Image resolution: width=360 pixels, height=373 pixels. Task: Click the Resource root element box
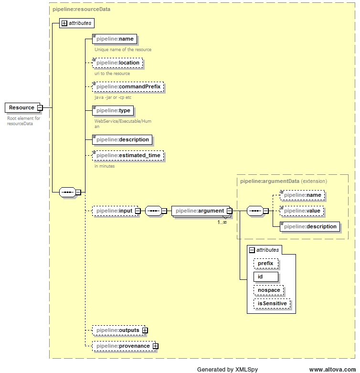tap(21, 108)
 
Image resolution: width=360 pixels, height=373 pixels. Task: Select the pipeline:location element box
tap(117, 63)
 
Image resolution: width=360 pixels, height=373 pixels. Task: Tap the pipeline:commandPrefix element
tap(128, 87)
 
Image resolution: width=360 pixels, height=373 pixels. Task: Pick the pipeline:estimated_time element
tap(128, 156)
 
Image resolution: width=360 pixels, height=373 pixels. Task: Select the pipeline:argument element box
tap(199, 211)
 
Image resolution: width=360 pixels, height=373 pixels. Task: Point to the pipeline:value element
tap(302, 211)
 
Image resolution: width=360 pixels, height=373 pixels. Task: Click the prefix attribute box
tap(265, 264)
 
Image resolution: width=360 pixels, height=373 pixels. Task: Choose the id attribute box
tap(265, 277)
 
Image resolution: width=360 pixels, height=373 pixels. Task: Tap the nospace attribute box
tap(268, 290)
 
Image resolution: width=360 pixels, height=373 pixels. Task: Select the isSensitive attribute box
tap(273, 304)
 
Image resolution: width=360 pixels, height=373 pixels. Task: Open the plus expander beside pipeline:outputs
tap(145, 330)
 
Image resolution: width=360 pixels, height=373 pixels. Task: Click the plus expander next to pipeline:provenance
tap(155, 346)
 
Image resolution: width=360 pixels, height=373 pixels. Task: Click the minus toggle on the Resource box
tap(40, 108)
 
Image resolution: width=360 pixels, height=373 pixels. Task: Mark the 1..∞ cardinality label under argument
tap(222, 222)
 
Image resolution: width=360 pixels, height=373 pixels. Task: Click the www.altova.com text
tap(332, 369)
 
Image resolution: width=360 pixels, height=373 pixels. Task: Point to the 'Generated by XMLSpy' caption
tap(222, 369)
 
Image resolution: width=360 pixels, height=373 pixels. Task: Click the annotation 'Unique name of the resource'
tap(123, 50)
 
